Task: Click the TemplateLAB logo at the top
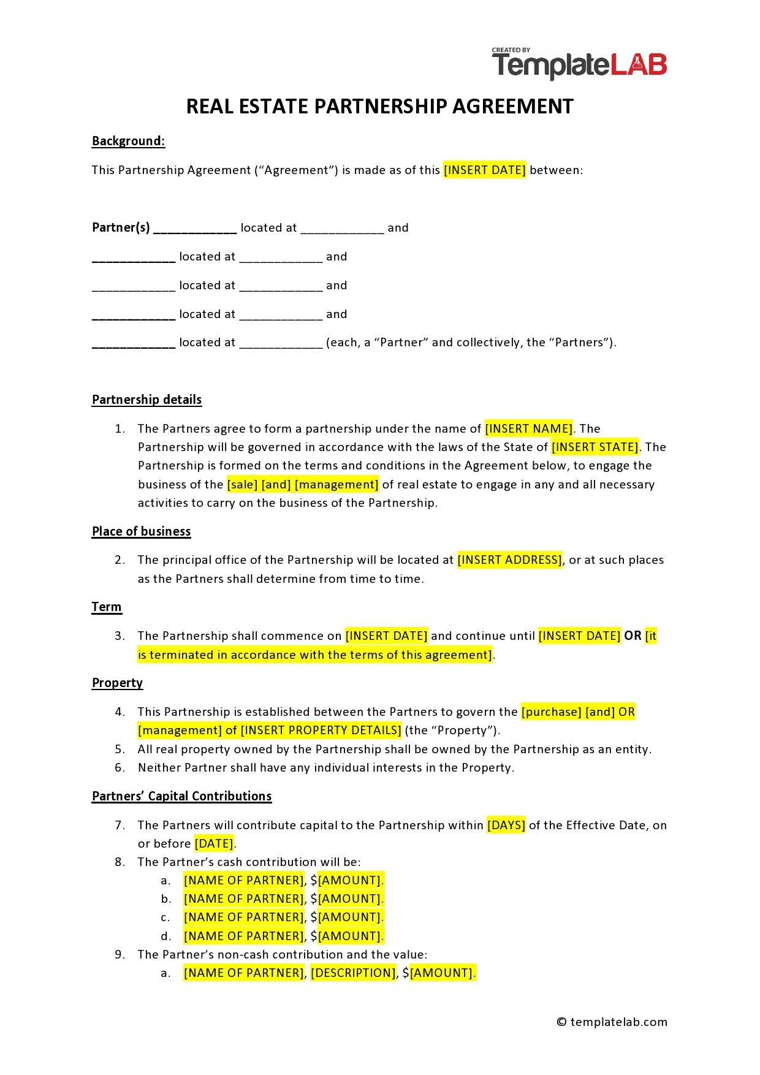tap(579, 64)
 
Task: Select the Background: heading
tap(128, 141)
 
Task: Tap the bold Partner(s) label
tap(121, 227)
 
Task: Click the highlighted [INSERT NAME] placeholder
tap(528, 428)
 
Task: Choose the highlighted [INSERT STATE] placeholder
tap(595, 447)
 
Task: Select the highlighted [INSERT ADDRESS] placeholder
tap(509, 560)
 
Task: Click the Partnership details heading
tap(146, 400)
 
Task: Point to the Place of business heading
tap(141, 531)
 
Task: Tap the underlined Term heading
tap(107, 607)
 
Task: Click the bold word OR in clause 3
tap(633, 636)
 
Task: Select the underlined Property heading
tap(117, 683)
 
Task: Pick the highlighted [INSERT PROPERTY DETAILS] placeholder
tap(321, 730)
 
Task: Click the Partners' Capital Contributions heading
tap(181, 796)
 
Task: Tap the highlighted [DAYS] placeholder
tap(506, 825)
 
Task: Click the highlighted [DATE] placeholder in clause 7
tap(214, 843)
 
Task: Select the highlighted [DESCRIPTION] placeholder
tap(353, 973)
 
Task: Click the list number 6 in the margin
tap(120, 767)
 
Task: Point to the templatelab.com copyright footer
tap(612, 1022)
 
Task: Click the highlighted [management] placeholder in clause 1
tap(336, 484)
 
